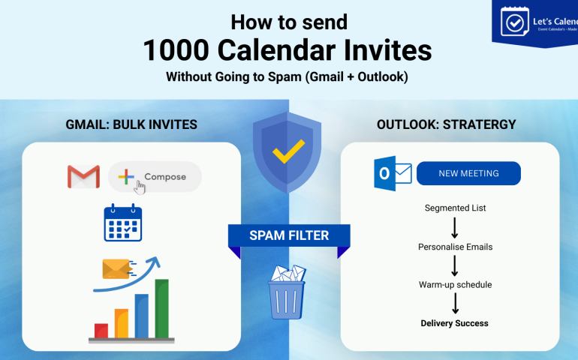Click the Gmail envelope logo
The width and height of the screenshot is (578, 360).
tap(83, 177)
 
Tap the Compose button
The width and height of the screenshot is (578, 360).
tap(155, 177)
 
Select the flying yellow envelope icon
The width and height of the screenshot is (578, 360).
tap(117, 268)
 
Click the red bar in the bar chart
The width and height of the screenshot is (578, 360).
tap(101, 330)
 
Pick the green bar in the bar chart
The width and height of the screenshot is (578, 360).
tap(161, 308)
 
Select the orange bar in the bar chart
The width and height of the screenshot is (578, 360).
tap(122, 323)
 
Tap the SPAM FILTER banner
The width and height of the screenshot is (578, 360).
tap(289, 235)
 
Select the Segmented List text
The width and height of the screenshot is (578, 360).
tap(454, 208)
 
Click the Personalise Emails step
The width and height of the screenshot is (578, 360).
tap(454, 247)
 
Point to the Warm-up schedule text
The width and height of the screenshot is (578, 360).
tap(455, 285)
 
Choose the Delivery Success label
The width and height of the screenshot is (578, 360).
tap(454, 323)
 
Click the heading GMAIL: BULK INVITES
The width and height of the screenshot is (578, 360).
tap(131, 124)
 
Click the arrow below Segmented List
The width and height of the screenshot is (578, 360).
tap(455, 227)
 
